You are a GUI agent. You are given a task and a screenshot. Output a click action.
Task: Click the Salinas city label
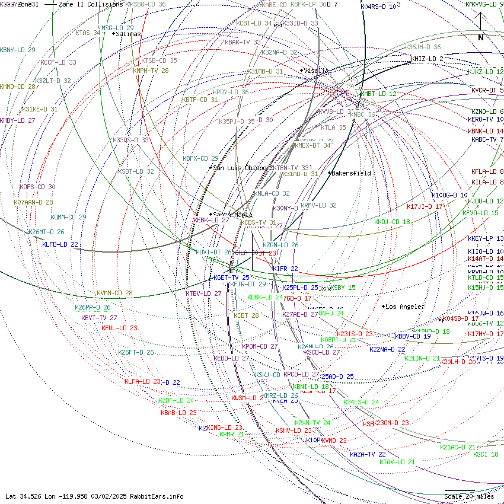128,34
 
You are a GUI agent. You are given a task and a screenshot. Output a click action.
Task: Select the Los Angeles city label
404,307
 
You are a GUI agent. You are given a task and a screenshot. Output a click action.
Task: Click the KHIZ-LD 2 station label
427,59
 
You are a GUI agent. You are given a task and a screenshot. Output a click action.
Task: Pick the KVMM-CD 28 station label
114,293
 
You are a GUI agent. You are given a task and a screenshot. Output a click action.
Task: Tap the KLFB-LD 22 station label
60,244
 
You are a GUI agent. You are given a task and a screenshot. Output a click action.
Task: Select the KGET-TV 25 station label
231,277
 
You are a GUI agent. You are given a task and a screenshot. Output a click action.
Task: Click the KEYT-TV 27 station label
99,318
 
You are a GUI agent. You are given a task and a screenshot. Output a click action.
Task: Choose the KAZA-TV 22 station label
368,454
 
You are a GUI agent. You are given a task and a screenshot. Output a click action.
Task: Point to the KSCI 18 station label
486,455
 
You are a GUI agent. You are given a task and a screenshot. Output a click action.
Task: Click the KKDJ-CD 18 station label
392,222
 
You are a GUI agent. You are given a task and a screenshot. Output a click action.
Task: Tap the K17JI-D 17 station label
425,206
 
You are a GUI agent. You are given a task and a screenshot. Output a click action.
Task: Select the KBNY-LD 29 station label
18,50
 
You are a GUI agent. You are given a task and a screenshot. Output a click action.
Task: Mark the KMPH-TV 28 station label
151,71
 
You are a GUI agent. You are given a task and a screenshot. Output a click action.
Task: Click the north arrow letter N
481,37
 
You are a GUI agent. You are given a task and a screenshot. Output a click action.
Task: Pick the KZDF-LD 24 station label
176,401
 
